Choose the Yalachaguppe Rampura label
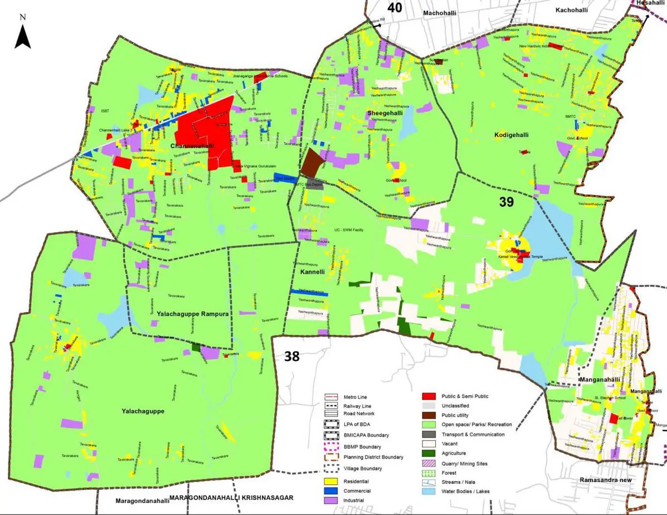189,314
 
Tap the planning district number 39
506,202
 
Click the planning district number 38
292,356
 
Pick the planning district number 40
395,7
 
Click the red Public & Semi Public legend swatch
430,396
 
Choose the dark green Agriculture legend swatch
430,453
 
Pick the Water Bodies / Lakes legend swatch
430,491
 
